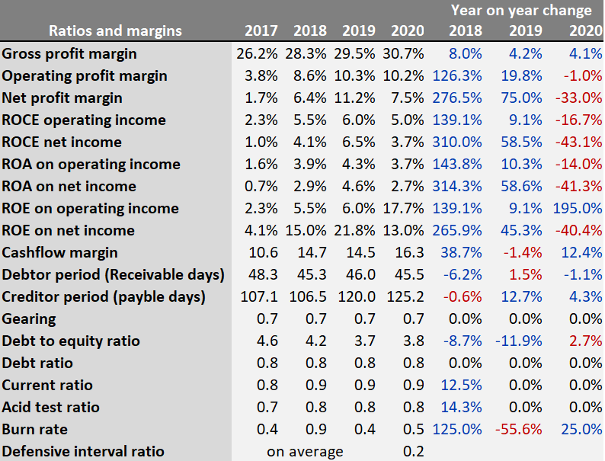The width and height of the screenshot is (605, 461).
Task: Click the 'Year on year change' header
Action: [521, 10]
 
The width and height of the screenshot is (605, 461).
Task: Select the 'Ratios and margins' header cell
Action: [115, 31]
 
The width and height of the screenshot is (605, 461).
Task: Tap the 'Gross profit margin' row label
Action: [69, 53]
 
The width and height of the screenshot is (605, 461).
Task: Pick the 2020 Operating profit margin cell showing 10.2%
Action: [407, 75]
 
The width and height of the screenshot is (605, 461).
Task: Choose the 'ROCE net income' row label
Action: [62, 142]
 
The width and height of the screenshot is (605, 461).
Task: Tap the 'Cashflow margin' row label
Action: [60, 252]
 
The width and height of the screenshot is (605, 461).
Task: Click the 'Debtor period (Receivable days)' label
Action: [114, 274]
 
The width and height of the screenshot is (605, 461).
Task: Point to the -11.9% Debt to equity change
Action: [520, 341]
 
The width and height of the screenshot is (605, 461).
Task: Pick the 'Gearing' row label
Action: [29, 319]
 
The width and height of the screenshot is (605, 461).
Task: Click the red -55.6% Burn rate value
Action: [520, 429]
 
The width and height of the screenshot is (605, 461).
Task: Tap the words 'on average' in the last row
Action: [305, 451]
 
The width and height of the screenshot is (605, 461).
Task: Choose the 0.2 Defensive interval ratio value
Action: [413, 451]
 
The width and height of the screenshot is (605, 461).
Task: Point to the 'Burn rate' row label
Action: [35, 429]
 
